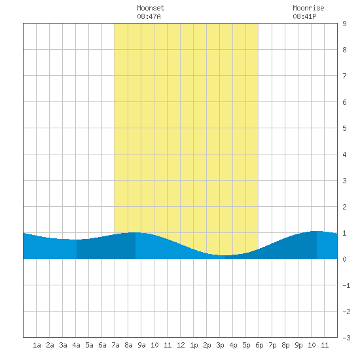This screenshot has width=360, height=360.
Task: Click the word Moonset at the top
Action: (x=151, y=8)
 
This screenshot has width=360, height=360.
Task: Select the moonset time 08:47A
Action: (x=149, y=16)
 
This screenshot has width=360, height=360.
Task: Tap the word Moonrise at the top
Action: (x=308, y=8)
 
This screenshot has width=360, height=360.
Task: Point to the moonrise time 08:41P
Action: (x=304, y=16)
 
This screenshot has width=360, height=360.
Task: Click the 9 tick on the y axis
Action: (x=344, y=24)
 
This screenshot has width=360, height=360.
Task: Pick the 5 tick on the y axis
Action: (x=344, y=128)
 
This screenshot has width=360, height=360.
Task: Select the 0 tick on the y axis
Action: (x=344, y=259)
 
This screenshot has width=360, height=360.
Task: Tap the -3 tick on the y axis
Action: (x=346, y=338)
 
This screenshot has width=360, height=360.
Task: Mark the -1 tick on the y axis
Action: (x=346, y=285)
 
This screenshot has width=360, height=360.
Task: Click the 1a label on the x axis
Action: (x=37, y=345)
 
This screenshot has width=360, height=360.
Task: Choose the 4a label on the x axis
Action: (x=76, y=345)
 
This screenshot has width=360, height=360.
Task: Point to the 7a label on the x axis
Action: (x=115, y=345)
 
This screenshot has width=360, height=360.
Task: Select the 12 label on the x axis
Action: (x=181, y=345)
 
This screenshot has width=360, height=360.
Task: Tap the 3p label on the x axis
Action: (x=220, y=345)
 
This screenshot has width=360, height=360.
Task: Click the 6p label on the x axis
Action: (x=259, y=345)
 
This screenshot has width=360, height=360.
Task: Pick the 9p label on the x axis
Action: (x=298, y=345)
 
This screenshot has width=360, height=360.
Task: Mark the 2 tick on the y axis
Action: (x=344, y=207)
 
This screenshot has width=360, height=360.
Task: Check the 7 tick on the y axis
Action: (x=344, y=76)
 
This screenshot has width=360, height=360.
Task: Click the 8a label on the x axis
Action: (x=128, y=345)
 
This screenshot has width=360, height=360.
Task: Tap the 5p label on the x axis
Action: (x=246, y=345)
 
